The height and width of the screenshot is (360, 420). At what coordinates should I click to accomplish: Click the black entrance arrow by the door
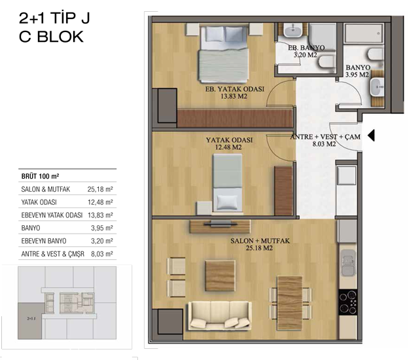coord(371,135)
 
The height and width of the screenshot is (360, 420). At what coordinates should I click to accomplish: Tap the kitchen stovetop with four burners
coord(348,302)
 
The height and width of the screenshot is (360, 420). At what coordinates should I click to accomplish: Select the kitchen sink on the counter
coord(348,263)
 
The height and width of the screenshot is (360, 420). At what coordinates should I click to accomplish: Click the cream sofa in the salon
coord(220,315)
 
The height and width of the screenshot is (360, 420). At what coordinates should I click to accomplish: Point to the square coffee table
coord(220,276)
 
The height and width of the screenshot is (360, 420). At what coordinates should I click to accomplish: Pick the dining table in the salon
coord(290,302)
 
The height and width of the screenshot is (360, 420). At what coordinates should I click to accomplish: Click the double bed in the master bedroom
coord(223,54)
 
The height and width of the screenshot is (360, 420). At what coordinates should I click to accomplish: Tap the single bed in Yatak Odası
coord(228,183)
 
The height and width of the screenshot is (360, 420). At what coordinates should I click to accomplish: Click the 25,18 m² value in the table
coord(100,189)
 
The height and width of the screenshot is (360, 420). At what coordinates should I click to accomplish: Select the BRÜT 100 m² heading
coord(40,176)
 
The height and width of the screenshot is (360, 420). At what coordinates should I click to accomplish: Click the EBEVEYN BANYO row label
coord(44,241)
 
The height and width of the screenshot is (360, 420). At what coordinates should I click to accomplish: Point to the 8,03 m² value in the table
coord(102,254)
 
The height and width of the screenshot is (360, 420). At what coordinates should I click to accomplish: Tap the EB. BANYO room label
coord(306,48)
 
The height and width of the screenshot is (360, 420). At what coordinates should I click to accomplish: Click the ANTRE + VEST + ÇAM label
coord(325,137)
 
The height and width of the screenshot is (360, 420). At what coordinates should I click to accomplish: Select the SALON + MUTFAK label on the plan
coord(260,241)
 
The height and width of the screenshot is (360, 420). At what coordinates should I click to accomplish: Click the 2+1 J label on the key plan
coord(31,319)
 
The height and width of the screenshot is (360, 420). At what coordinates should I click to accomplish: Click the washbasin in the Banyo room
coord(377,88)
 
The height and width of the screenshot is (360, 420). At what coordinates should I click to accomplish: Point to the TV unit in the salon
coord(220,226)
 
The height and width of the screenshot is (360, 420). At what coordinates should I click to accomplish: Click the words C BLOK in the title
coord(51,37)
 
